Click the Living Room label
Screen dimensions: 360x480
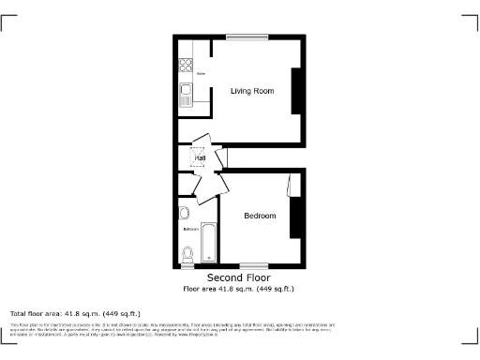click(x=252, y=91)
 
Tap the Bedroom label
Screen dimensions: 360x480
click(x=260, y=217)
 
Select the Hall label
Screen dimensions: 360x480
click(x=200, y=158)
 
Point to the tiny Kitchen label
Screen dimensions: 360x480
click(x=201, y=71)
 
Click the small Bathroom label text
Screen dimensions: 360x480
click(x=190, y=229)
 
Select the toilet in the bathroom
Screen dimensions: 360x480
click(x=187, y=253)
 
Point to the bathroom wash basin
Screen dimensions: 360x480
click(x=183, y=212)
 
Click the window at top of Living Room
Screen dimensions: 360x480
click(x=247, y=37)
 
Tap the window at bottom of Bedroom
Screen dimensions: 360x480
click(x=252, y=266)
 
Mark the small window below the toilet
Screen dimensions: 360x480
click(x=187, y=266)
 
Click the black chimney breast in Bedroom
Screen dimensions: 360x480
click(x=296, y=217)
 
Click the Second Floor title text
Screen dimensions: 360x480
click(x=238, y=278)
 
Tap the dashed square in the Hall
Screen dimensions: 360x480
click(x=198, y=158)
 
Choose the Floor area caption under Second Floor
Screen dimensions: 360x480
click(x=238, y=289)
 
